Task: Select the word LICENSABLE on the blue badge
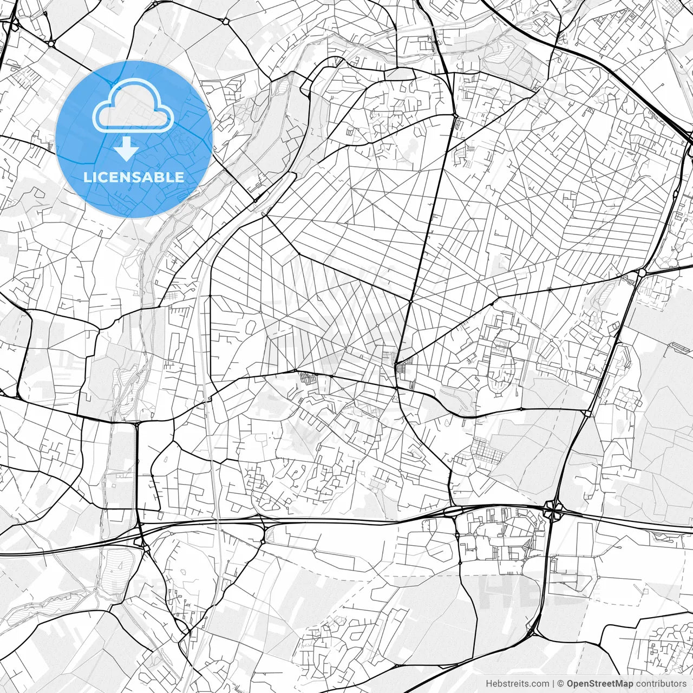click(x=134, y=177)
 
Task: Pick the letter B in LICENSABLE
click(x=161, y=177)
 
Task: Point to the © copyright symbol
click(x=560, y=684)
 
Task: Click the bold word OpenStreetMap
click(x=599, y=684)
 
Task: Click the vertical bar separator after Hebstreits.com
click(x=553, y=684)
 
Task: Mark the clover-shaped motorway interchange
click(x=553, y=511)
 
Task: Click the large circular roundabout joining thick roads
click(x=642, y=272)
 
